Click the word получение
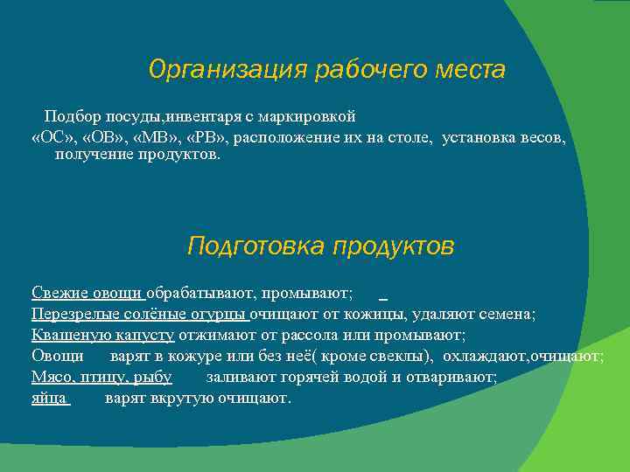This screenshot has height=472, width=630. click(x=90, y=155)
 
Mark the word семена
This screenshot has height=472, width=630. click(x=507, y=314)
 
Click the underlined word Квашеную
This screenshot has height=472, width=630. click(x=66, y=335)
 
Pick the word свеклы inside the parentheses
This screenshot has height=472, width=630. click(x=394, y=356)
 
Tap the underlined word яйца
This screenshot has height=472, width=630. click(x=47, y=398)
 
